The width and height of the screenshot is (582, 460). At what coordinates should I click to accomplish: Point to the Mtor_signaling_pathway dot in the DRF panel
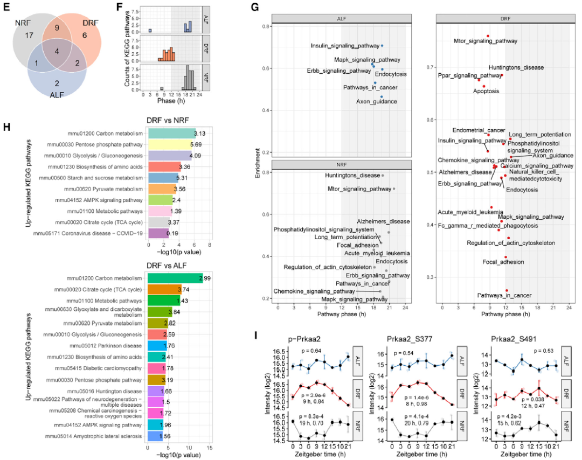click(488, 36)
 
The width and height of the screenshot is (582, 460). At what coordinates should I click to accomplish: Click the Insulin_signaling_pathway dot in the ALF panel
click(382, 46)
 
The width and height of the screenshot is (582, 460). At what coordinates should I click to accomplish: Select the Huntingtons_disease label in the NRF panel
click(354, 175)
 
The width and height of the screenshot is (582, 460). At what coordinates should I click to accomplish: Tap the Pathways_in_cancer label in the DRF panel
click(504, 295)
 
